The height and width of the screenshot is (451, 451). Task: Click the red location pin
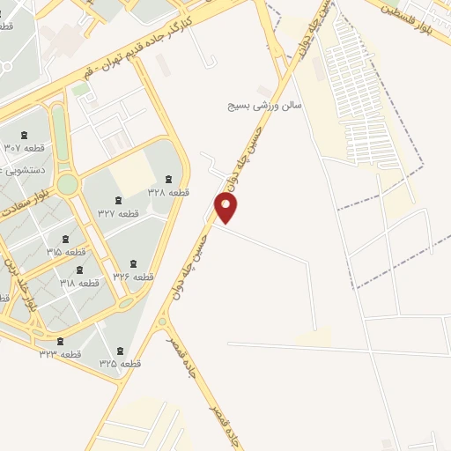[x=226, y=207]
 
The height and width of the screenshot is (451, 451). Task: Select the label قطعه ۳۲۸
[x=169, y=192]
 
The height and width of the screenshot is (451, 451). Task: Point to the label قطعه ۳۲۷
[x=119, y=213]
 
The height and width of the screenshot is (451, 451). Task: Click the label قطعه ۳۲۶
[x=133, y=277]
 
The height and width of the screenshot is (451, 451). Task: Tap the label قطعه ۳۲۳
[x=60, y=353]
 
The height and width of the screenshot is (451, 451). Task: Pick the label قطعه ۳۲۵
[x=121, y=363]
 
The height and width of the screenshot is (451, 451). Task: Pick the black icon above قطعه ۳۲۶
[x=133, y=263]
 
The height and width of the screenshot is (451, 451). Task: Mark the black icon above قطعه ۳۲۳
[x=60, y=341]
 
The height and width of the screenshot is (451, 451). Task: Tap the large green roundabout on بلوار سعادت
[x=68, y=184]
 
